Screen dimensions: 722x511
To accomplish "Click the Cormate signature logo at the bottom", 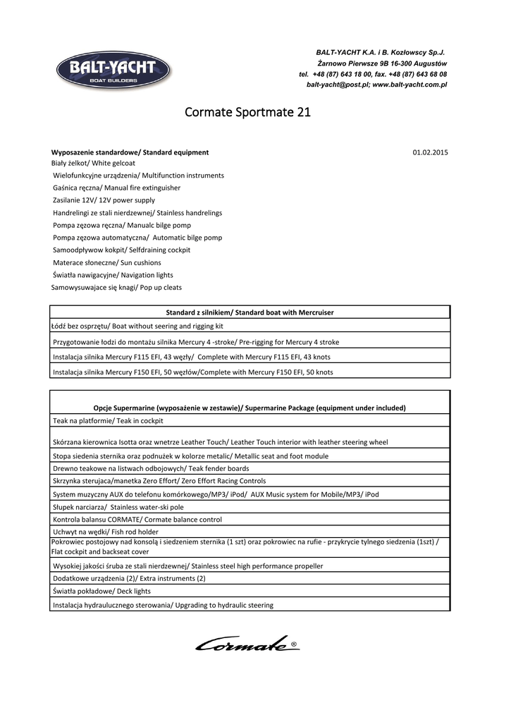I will [247, 643].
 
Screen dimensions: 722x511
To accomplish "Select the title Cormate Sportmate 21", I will [247, 112].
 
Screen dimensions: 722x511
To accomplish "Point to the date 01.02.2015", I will [430, 152].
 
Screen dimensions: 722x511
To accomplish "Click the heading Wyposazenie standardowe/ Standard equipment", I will [130, 152].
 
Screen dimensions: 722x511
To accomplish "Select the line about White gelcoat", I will [93, 163].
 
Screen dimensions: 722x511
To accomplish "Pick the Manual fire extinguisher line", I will [116, 188].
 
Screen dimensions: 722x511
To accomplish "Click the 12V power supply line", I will [104, 200].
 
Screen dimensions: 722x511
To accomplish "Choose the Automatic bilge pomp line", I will [137, 238].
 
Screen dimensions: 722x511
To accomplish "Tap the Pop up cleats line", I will [116, 288].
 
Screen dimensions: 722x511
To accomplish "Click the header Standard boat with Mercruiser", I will [250, 312].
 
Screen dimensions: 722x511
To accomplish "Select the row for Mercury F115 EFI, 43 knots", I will [192, 357].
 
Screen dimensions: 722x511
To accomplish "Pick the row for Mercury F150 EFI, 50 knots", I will [193, 372].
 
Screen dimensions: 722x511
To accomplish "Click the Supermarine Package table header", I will [250, 408].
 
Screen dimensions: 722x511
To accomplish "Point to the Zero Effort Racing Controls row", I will [159, 481].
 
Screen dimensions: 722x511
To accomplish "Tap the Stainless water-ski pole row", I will [118, 507].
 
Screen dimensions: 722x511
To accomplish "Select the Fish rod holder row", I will [106, 532].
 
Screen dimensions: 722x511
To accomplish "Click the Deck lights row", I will [101, 591].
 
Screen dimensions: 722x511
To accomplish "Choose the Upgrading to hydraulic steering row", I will [163, 605].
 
